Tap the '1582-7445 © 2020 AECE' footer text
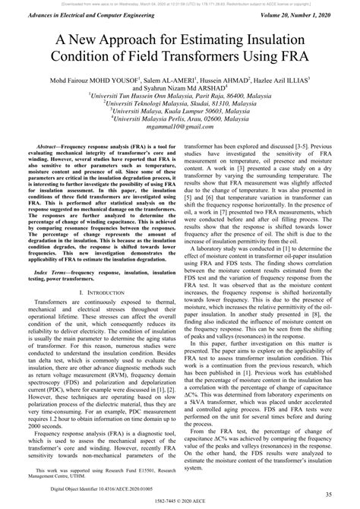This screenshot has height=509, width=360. (180, 504)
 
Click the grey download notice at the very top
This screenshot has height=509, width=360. (180, 3)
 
